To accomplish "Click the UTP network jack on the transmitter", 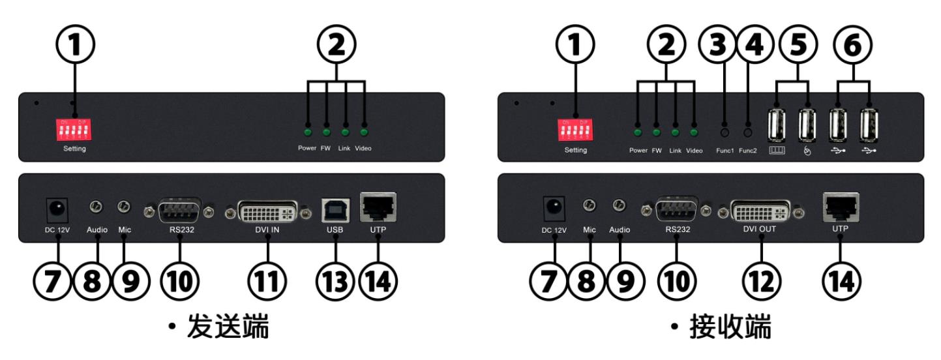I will (x=378, y=209).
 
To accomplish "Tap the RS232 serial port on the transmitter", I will (x=178, y=211).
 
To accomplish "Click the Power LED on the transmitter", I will (x=307, y=132).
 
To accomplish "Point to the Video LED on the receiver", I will (x=695, y=132).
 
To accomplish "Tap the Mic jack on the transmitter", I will (x=123, y=207).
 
